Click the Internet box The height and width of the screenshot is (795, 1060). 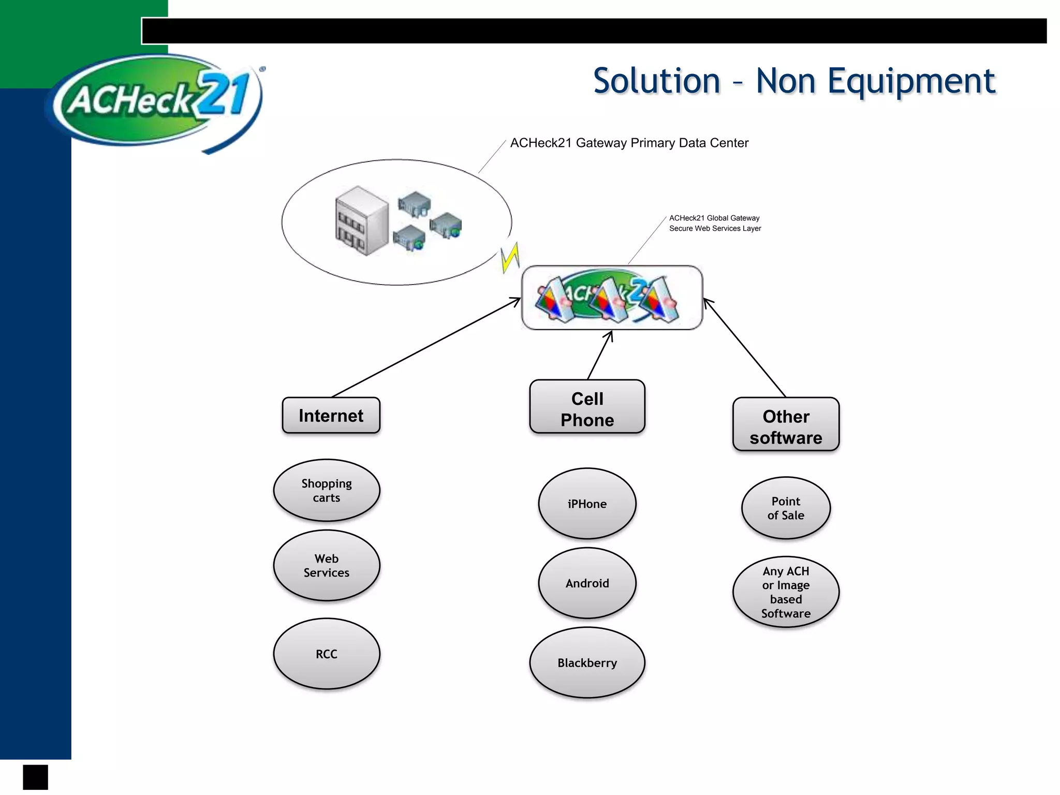[331, 416]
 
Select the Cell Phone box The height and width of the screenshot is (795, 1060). [587, 407]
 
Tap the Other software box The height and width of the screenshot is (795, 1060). [785, 425]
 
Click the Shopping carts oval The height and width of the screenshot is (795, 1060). [327, 490]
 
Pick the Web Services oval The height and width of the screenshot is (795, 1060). [327, 565]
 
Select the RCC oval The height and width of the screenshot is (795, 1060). [327, 654]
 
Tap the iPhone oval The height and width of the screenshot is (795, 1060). [587, 504]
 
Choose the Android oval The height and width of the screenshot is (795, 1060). [587, 583]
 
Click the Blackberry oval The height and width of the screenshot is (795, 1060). [587, 662]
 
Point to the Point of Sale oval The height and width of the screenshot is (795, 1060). [785, 508]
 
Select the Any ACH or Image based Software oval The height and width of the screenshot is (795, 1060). [785, 592]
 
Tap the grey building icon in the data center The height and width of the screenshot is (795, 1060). [361, 221]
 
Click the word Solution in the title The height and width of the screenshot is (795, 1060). [656, 81]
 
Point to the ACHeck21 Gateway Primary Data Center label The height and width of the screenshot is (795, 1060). [629, 143]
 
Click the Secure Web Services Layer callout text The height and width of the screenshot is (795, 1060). [715, 228]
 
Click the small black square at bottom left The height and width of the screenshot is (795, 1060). [35, 777]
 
